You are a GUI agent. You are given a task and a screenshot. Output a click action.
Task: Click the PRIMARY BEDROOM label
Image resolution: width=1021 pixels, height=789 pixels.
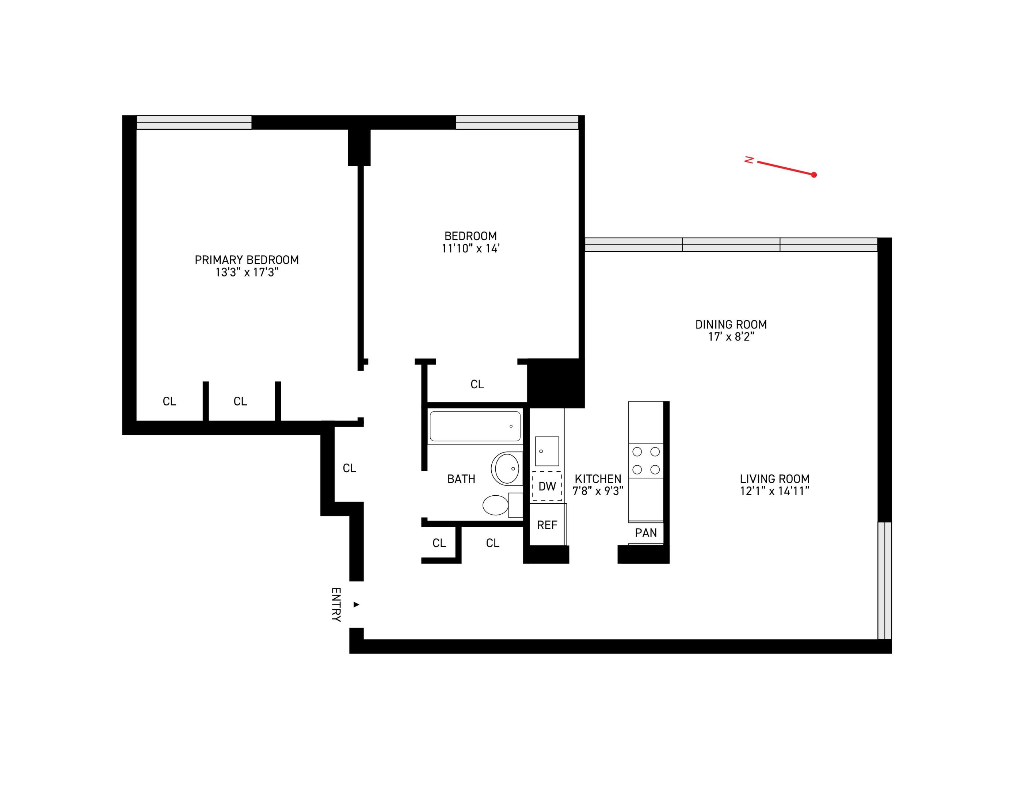pos(246,260)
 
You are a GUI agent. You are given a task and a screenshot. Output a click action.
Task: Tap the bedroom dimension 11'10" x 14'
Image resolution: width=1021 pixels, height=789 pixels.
pos(470,249)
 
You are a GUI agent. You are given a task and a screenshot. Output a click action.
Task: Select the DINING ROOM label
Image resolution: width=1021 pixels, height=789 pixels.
pos(731,324)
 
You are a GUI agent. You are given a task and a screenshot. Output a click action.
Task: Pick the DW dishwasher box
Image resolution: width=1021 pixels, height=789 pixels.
pos(546,486)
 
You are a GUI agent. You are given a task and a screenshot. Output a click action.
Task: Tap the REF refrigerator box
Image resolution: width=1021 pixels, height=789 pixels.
pos(547,525)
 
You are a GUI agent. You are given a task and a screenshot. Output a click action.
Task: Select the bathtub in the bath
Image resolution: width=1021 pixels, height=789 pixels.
pos(475,426)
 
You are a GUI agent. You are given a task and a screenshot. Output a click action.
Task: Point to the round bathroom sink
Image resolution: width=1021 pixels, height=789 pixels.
pos(507,468)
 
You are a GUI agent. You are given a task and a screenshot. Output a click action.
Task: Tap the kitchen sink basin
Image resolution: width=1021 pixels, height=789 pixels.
pos(546,451)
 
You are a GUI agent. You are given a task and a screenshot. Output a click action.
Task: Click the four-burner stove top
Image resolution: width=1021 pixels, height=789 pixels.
pos(645,460)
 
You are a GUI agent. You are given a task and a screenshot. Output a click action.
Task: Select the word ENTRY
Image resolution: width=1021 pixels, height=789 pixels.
pos(336,605)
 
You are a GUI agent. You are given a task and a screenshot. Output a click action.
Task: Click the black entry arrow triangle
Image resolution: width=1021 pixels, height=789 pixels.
pos(356,605)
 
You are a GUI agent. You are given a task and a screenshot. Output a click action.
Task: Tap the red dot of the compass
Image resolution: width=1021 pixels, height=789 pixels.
pos(814,175)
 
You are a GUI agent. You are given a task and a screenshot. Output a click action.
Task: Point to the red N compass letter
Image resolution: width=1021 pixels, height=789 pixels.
pos(749,160)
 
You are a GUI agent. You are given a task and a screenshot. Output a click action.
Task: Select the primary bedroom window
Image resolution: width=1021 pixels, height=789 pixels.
pos(194,122)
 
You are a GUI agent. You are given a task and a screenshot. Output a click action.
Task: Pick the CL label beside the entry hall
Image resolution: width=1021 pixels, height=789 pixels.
pos(349,468)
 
